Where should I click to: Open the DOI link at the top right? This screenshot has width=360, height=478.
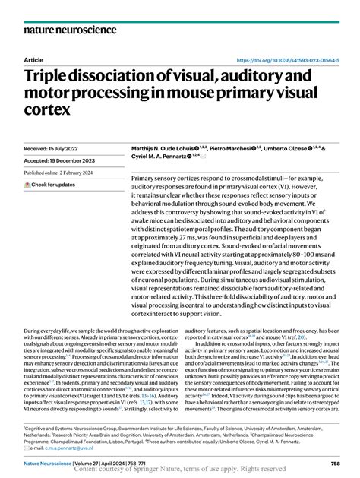(x=289, y=59)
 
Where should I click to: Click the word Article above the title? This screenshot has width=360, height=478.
(x=33, y=59)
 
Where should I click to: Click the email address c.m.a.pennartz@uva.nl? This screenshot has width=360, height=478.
(x=63, y=447)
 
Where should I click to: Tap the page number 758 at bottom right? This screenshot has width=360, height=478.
(x=334, y=462)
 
